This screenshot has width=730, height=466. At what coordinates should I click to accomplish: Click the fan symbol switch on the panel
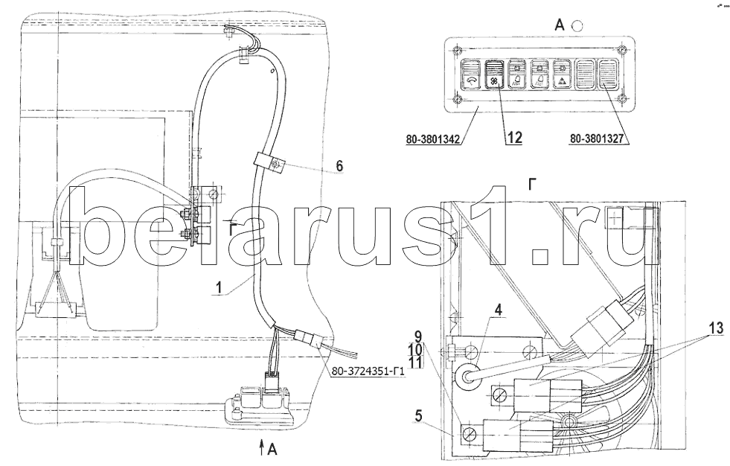pos(493,74)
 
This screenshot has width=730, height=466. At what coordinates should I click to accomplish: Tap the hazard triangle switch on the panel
pos(562,74)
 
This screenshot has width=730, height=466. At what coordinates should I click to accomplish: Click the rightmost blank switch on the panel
pos(607,74)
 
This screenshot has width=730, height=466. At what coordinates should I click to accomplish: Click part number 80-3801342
pos(433,139)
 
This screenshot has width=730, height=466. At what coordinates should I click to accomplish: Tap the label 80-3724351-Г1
pos(368,372)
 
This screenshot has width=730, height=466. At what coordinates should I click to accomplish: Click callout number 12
pos(514,137)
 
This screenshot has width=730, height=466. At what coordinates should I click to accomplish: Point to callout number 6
pos(339,166)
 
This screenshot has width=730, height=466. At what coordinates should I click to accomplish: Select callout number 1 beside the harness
pos(220,287)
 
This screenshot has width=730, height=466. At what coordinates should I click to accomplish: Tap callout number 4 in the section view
pos(499,310)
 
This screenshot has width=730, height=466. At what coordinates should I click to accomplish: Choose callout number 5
pos(418,415)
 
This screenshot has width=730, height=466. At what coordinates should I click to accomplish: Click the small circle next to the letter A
pos(577,26)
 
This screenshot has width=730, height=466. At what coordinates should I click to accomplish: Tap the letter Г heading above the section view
pos(533,185)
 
